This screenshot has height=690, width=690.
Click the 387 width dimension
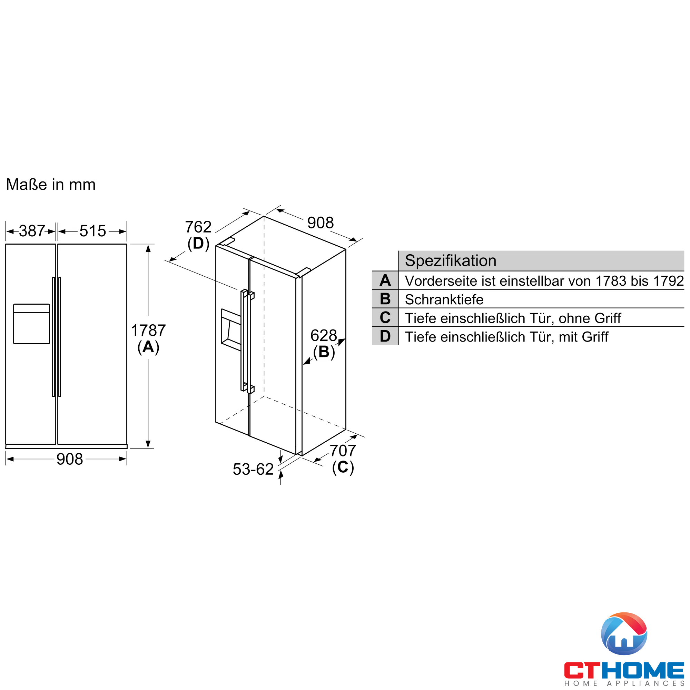point(32,231)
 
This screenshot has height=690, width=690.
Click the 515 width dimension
point(92,231)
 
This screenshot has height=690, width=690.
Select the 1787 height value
point(148,331)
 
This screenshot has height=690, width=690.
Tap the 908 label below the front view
point(70,459)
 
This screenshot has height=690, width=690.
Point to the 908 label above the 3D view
point(321,223)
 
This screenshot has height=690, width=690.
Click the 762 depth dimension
point(198,227)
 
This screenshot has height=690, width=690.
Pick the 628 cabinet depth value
point(324,335)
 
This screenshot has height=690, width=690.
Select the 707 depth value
point(343,451)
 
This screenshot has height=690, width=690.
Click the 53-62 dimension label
point(253,469)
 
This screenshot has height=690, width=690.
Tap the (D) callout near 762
point(198,244)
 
